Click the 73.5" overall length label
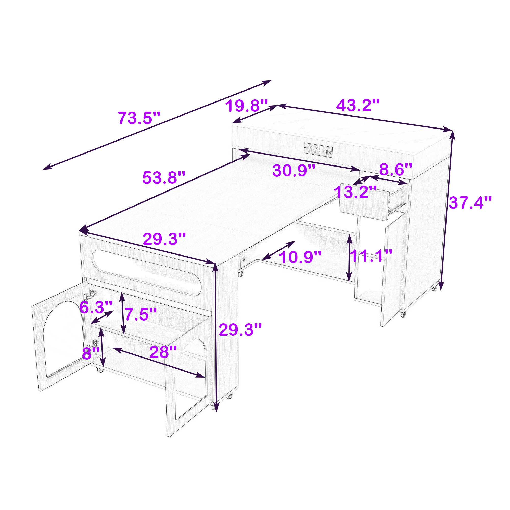139,118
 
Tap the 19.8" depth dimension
247,106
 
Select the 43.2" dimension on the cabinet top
358,105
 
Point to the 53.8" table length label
164,178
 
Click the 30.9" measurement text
294,171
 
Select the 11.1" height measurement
371,256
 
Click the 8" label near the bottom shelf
91,353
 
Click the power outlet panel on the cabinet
318,150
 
